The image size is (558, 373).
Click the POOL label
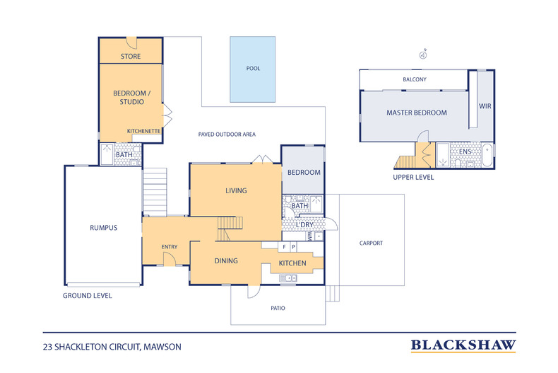pos(253,69)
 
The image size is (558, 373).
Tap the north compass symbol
pos(422,53)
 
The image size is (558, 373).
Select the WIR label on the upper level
pos(485,105)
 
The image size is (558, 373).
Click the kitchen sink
pos(288,278)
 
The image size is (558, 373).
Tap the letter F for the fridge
pos(284,247)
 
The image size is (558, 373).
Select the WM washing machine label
pos(309,236)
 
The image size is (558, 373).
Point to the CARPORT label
pos(371,243)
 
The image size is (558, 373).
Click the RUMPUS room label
pos(103,228)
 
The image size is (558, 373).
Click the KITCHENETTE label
pos(144,132)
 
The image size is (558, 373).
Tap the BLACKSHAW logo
pos(463,345)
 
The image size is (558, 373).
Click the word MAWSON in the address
pos(163,347)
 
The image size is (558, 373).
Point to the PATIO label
pos(279,308)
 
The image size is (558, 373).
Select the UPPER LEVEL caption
pos(413,177)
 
